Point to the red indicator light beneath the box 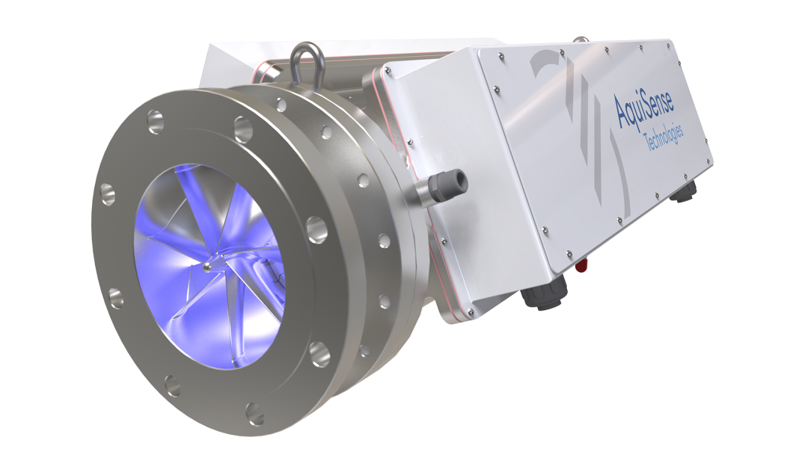(x=581, y=264)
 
